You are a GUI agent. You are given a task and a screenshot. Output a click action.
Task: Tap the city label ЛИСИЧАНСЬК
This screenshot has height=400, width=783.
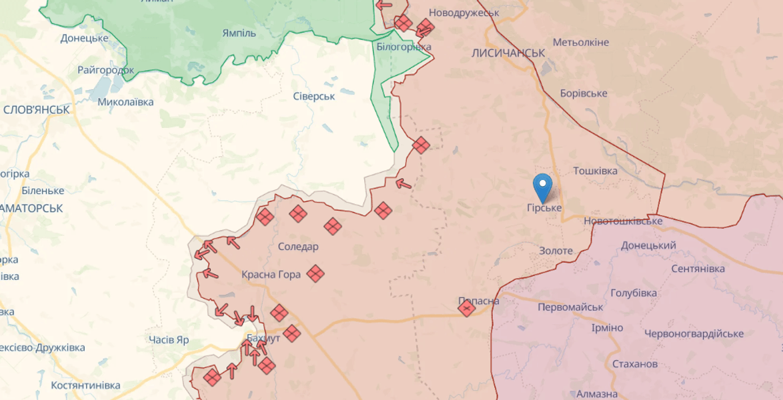tap(508, 53)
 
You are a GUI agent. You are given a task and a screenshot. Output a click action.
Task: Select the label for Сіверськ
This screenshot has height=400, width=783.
tap(313, 96)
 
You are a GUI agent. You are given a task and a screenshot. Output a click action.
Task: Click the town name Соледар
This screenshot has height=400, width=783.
tap(298, 247)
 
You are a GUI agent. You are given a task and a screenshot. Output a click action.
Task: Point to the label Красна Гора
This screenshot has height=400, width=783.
tap(271, 275)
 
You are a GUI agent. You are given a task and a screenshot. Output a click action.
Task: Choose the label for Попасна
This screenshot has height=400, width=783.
tap(479, 301)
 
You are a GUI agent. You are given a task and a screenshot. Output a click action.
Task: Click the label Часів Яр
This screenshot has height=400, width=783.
tap(169, 340)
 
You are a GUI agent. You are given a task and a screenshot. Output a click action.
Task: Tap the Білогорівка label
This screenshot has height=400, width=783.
tap(404, 47)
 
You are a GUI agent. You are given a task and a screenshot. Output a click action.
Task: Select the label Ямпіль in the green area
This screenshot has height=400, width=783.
tap(239, 33)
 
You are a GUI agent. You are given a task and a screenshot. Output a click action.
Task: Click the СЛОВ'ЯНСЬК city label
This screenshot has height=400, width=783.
tap(37, 109)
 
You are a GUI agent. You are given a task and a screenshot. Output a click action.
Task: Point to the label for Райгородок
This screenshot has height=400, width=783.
tap(107, 69)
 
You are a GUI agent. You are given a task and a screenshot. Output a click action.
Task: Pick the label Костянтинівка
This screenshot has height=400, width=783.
tap(85, 385)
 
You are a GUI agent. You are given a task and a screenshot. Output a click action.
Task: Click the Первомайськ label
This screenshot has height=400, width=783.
tap(570, 307)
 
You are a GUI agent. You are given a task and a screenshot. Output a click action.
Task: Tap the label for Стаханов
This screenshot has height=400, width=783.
tap(635, 364)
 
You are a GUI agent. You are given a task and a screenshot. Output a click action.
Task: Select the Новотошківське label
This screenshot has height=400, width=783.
tap(623, 221)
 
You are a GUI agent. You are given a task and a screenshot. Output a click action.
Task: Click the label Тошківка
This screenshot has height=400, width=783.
tap(595, 171)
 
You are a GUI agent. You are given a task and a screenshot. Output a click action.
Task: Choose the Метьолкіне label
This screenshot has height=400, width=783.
tap(580, 42)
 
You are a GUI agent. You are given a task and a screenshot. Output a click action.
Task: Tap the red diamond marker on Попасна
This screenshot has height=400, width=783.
tap(467, 308)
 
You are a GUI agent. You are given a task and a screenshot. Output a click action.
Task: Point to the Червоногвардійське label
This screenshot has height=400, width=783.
tap(694, 333)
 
